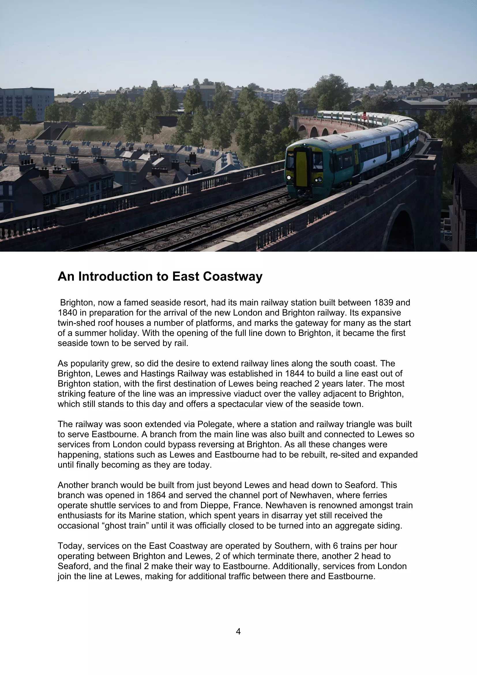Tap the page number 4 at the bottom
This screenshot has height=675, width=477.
tap(238, 631)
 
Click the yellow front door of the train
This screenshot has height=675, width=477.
tap(301, 169)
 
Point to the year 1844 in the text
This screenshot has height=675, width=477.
tap(295, 374)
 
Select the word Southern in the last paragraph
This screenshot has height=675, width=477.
tap(293, 546)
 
